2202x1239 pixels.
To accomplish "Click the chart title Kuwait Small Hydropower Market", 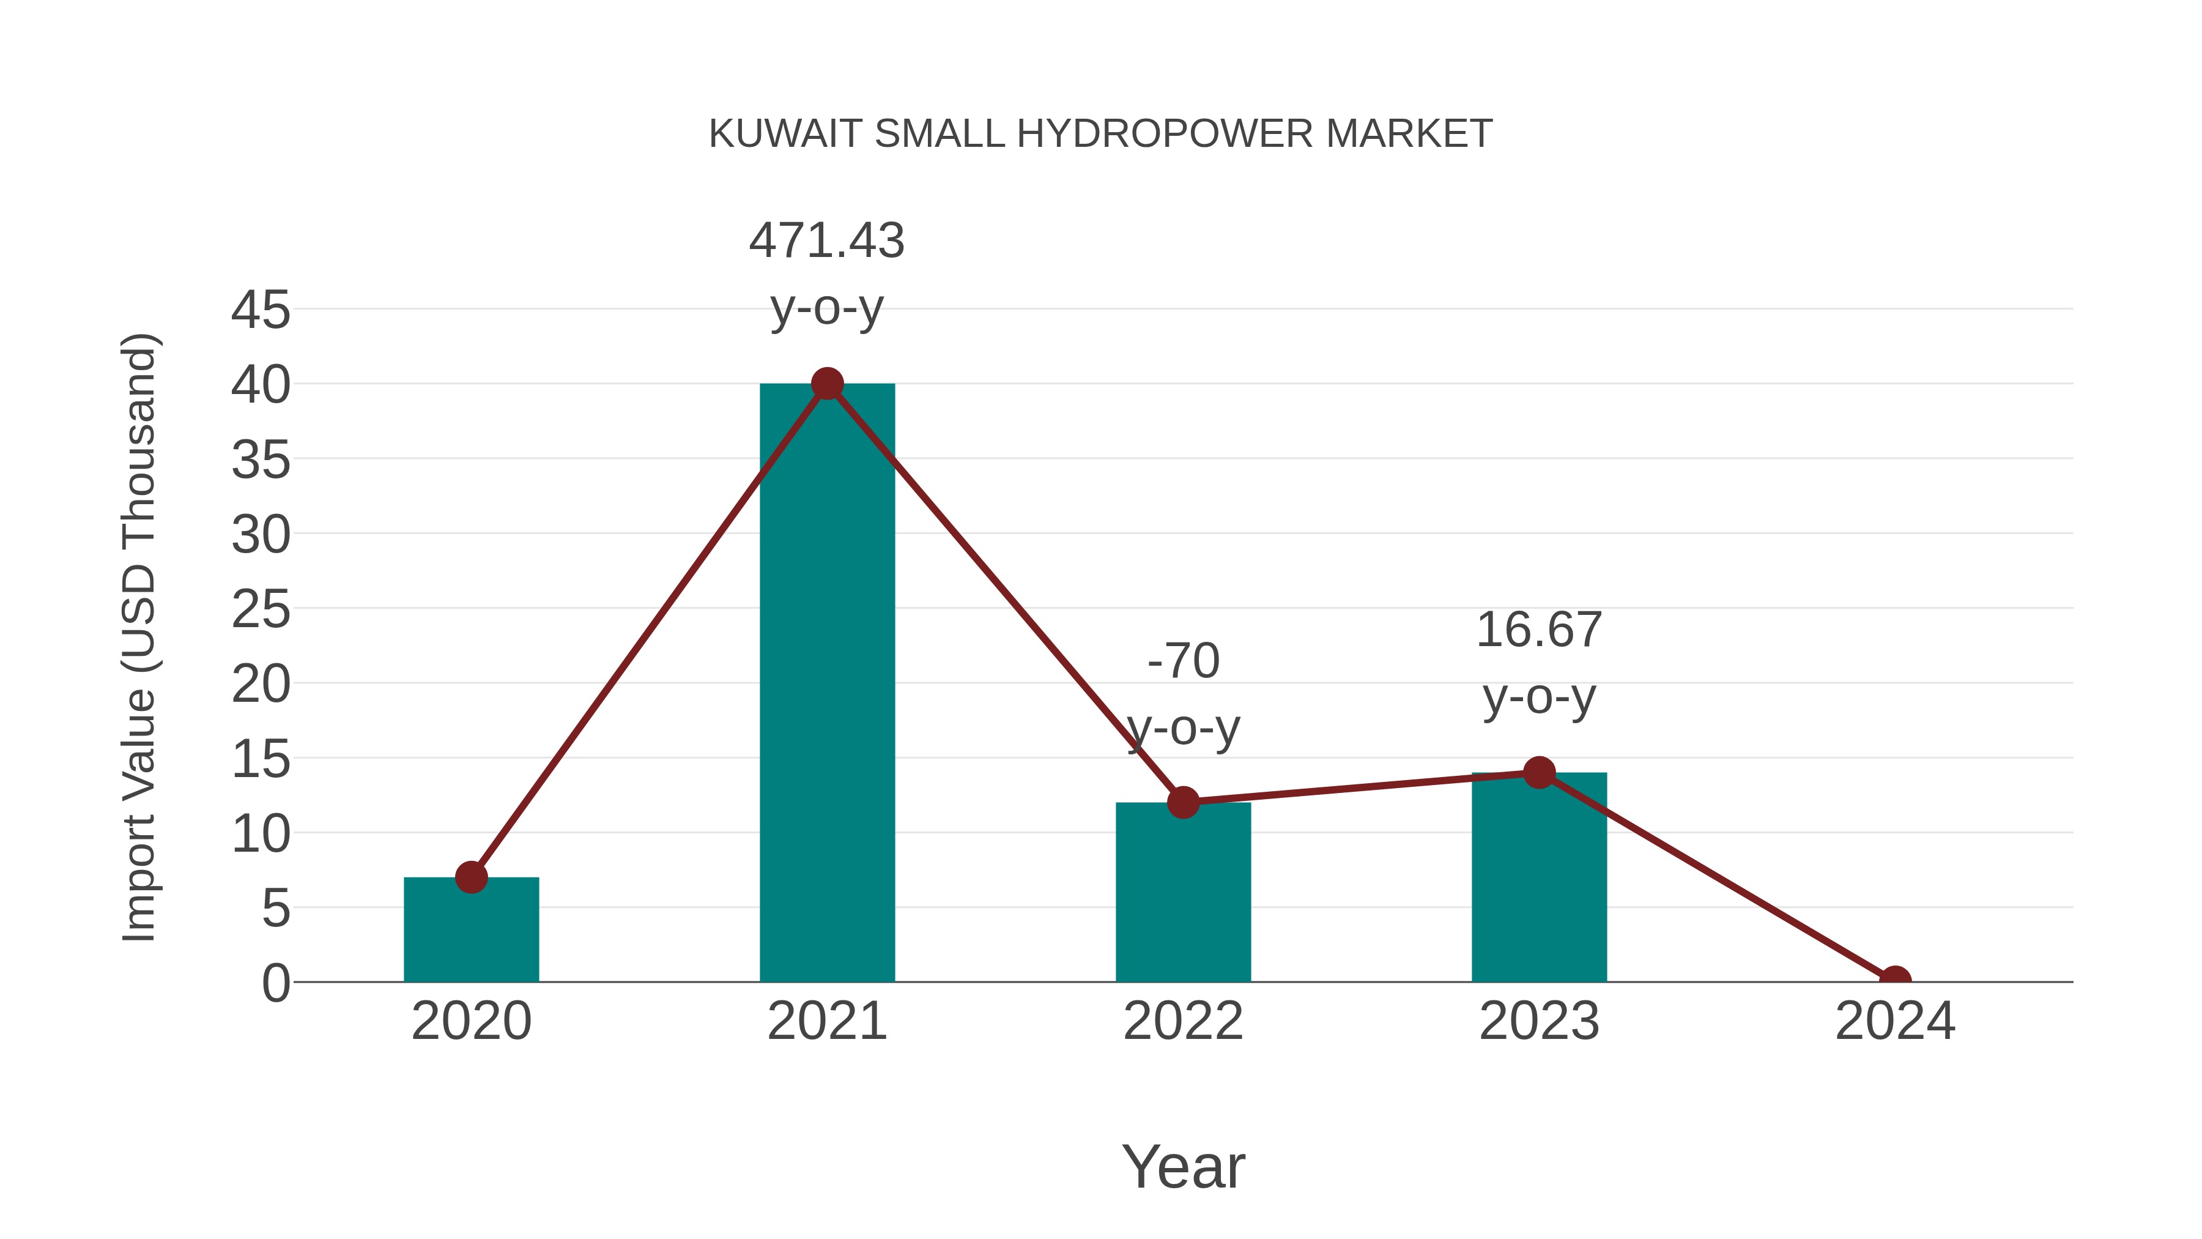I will click(x=1100, y=134).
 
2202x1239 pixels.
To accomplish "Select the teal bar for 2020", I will click(x=471, y=932).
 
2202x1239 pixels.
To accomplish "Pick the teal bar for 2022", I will click(x=1183, y=893).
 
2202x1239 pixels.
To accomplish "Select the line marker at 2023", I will click(x=1539, y=773).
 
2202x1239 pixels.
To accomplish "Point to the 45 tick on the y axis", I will click(x=261, y=310).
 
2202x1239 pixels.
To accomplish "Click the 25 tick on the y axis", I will click(x=261, y=609).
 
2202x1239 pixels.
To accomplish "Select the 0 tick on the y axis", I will click(x=275, y=983).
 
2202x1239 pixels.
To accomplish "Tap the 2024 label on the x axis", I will click(x=1895, y=1021).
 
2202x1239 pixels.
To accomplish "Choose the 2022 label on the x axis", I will click(x=1183, y=1021).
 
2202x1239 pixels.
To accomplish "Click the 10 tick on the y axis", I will click(x=261, y=834).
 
